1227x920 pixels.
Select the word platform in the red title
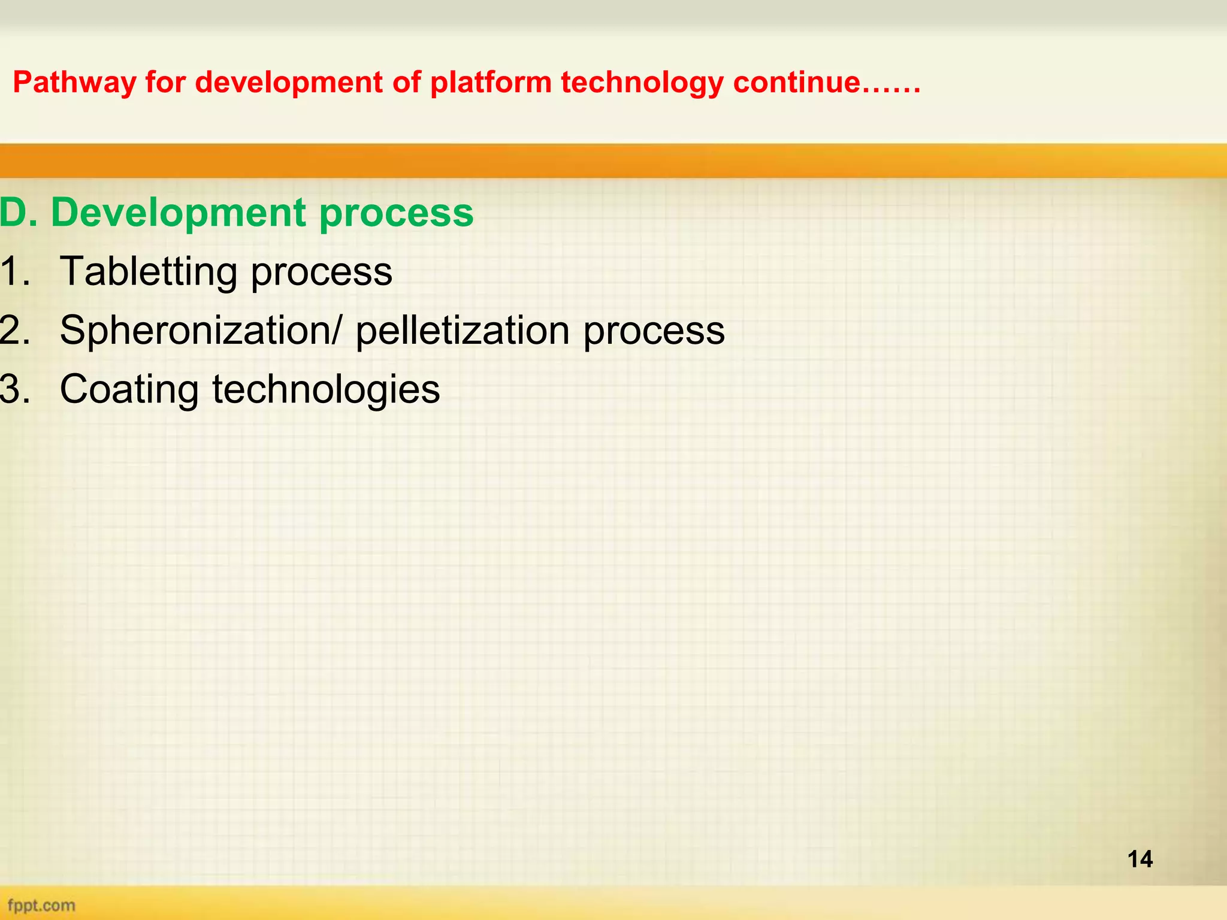click(x=491, y=83)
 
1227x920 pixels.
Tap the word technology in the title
click(x=642, y=83)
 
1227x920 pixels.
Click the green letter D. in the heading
click(x=18, y=213)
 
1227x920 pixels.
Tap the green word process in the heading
click(x=396, y=213)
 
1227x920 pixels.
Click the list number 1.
click(x=14, y=271)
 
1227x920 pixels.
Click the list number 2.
click(x=14, y=330)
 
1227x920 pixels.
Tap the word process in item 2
click(x=654, y=330)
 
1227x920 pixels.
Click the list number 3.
click(x=14, y=389)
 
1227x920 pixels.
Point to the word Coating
click(x=129, y=389)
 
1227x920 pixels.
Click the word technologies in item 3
click(x=327, y=389)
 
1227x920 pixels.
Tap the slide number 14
click(x=1140, y=860)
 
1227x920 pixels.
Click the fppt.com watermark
click(x=41, y=905)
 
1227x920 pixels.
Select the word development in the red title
click(x=289, y=83)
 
